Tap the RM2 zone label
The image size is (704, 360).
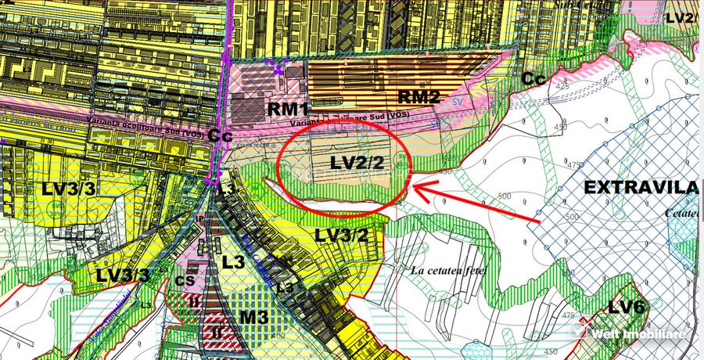click(x=420, y=96)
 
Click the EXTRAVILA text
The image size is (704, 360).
click(x=641, y=188)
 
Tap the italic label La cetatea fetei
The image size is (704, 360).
click(x=448, y=271)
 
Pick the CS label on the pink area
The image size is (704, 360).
click(x=185, y=280)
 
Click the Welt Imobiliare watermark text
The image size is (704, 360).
click(x=639, y=334)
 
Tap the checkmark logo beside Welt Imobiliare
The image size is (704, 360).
click(x=579, y=333)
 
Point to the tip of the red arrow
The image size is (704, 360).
click(x=415, y=188)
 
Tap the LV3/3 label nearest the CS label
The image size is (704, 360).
click(x=124, y=275)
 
